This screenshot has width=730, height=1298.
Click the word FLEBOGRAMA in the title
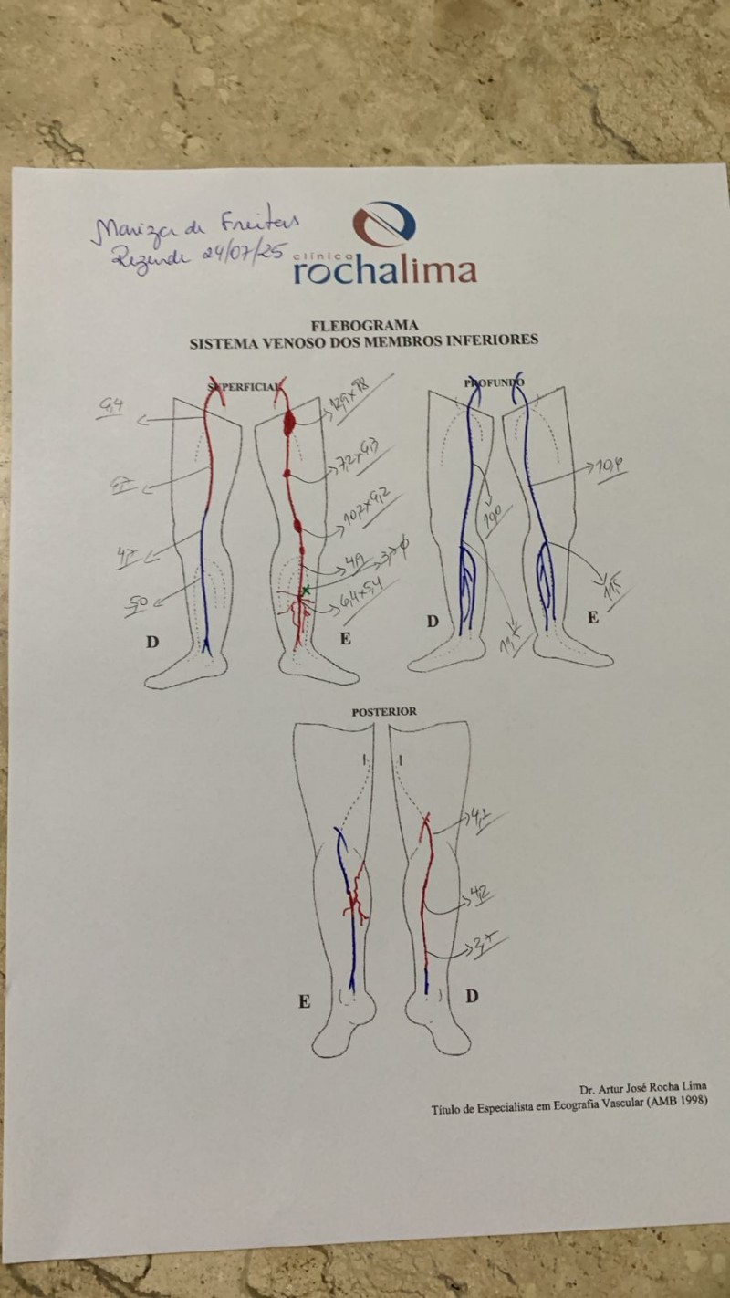click(362, 324)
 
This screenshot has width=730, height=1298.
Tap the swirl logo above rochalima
click(384, 224)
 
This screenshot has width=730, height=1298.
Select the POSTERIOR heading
click(384, 711)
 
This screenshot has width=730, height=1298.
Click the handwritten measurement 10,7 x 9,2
click(368, 512)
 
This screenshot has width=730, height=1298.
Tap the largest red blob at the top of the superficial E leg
click(291, 421)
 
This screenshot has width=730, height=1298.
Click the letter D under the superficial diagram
click(152, 642)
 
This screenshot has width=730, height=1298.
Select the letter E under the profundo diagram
click(592, 618)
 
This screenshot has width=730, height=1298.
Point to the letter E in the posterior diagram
click(304, 1001)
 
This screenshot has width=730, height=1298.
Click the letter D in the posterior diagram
click(471, 996)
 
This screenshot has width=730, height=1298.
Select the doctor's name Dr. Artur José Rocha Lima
click(642, 1088)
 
